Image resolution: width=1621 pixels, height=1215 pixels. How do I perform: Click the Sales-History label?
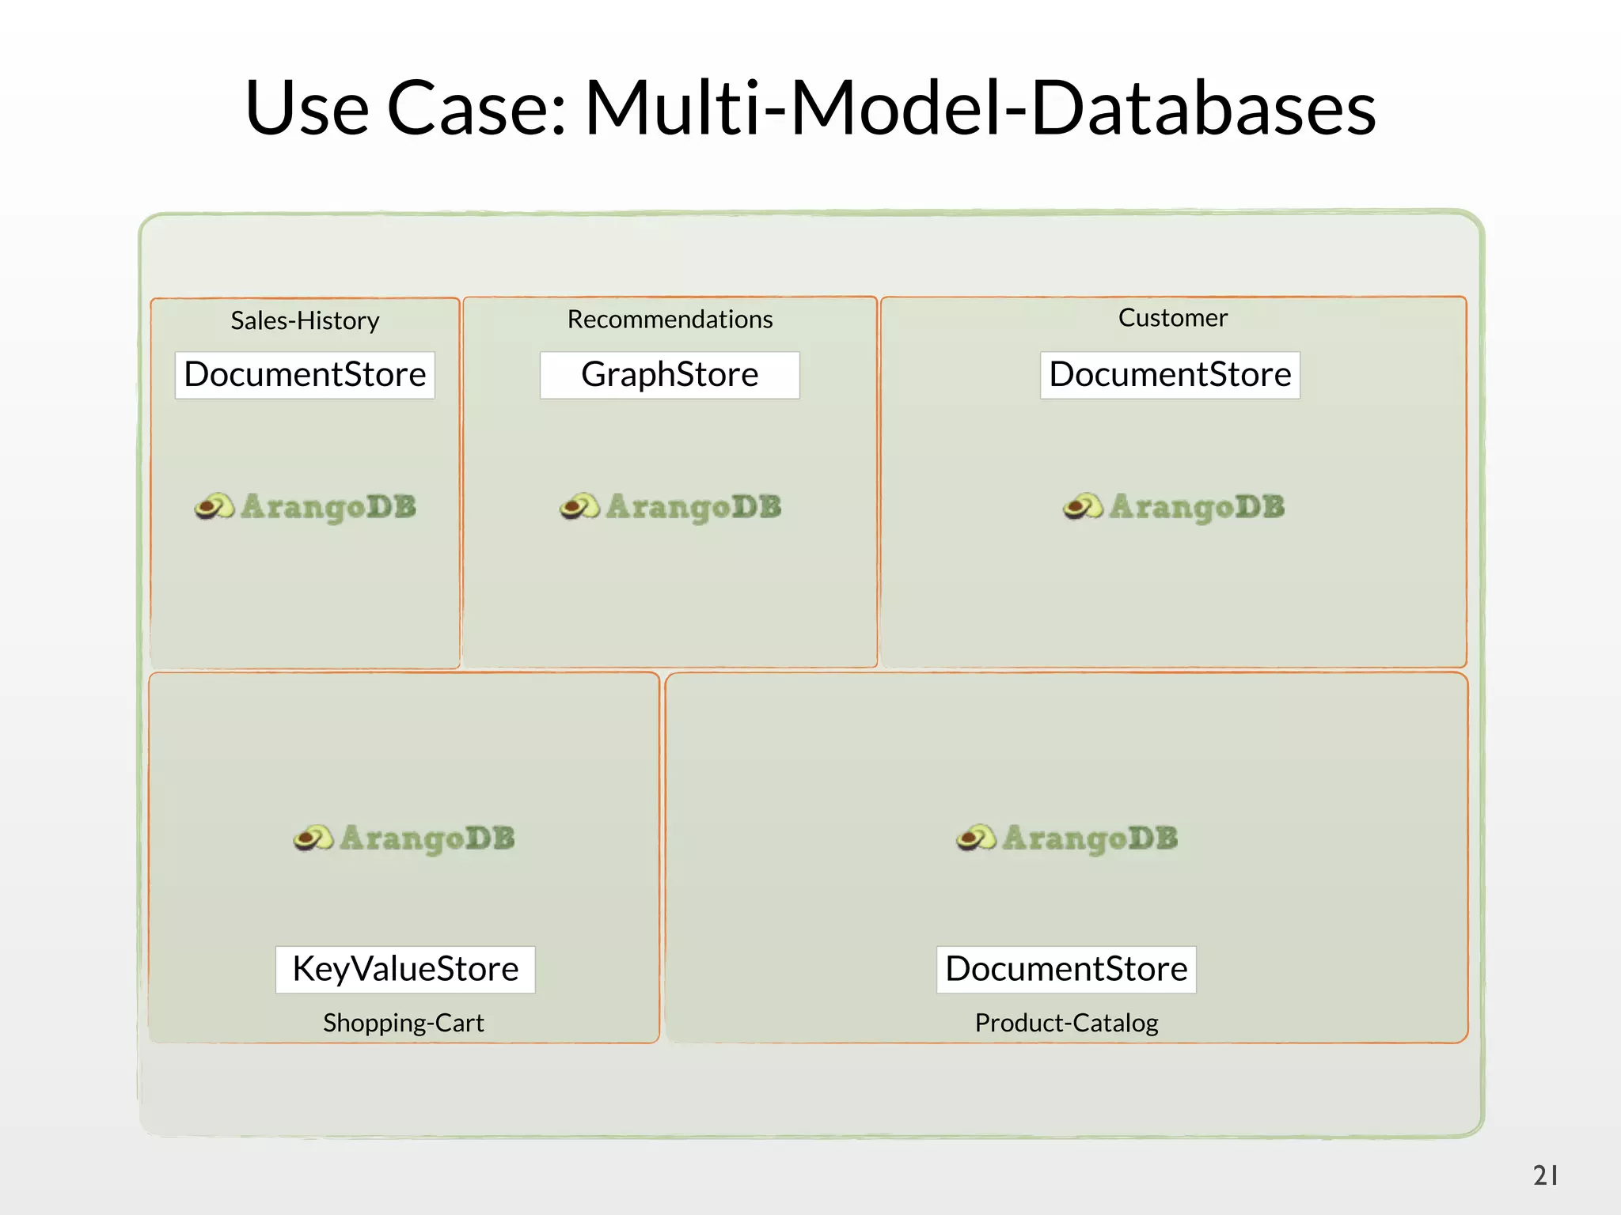click(x=305, y=320)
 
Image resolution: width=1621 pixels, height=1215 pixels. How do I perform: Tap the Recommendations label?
click(x=670, y=319)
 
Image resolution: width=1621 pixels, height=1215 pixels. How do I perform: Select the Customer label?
click(x=1172, y=317)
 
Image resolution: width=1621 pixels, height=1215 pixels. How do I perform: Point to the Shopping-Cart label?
click(x=403, y=1022)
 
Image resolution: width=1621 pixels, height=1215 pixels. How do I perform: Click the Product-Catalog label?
click(x=1066, y=1022)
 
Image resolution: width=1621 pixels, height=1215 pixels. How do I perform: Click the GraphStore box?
click(x=670, y=375)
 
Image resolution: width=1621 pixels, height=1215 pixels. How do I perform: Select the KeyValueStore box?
click(x=405, y=969)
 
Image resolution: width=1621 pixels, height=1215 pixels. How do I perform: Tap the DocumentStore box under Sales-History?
click(x=305, y=375)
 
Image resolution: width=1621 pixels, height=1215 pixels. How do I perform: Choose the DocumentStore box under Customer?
click(x=1170, y=375)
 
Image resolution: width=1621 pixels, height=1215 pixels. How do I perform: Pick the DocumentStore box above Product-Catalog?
click(x=1066, y=969)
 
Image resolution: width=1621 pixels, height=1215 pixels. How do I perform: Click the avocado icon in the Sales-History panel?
click(x=214, y=506)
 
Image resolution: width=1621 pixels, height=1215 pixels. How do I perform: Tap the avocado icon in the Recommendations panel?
click(x=579, y=506)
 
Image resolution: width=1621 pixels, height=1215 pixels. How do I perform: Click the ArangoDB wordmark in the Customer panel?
click(x=1197, y=507)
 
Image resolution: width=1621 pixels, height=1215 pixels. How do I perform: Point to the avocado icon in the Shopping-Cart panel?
click(x=313, y=838)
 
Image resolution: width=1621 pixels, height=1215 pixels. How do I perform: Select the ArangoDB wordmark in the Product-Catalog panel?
click(x=1090, y=838)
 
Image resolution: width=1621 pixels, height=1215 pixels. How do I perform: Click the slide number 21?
click(x=1545, y=1175)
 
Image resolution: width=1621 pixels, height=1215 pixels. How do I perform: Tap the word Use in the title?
click(x=307, y=108)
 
